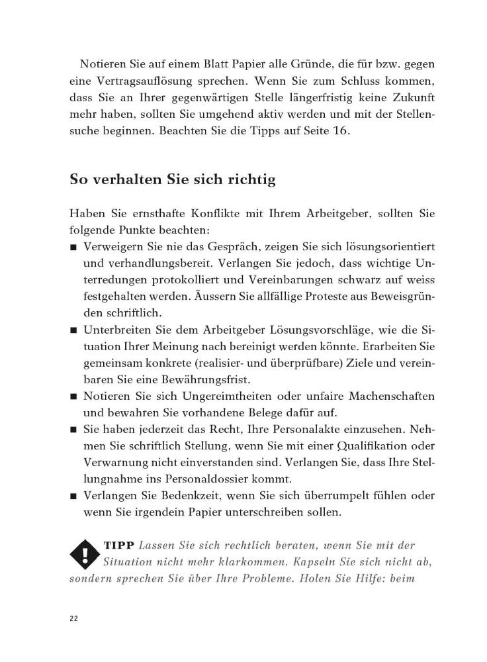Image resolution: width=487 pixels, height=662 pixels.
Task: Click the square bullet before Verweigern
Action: [x=73, y=247]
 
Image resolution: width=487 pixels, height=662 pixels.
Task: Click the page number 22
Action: [x=73, y=618]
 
